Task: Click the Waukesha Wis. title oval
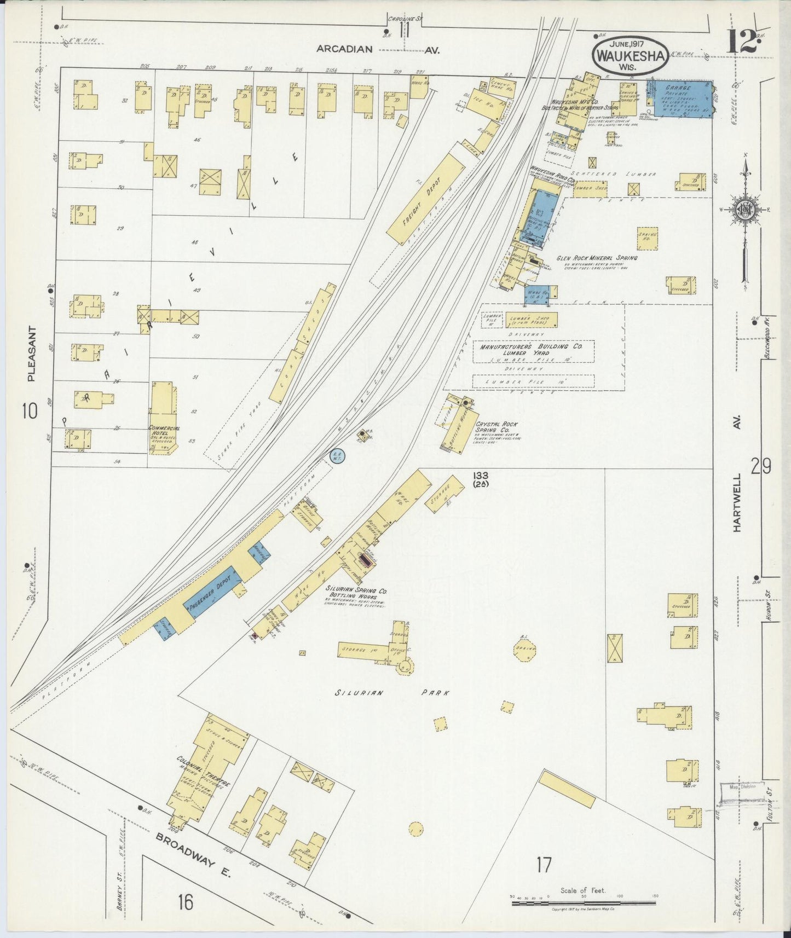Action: coord(630,55)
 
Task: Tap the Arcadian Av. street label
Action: coord(378,49)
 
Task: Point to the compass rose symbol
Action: coord(744,211)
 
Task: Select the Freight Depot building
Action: coord(425,198)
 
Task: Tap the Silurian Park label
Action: coord(391,693)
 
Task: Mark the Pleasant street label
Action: coord(31,354)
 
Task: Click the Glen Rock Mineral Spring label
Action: coord(597,258)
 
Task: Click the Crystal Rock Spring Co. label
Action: coord(496,427)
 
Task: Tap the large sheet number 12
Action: coord(742,42)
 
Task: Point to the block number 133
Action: coord(481,476)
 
